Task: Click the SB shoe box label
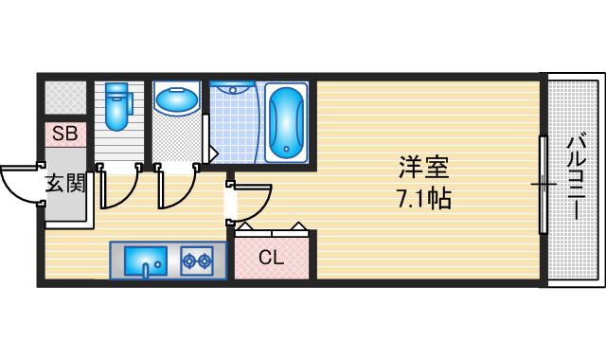point(65,134)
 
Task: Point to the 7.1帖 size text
point(422,199)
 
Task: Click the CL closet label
point(271,256)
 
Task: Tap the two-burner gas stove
point(196,260)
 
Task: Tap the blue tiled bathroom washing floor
point(233,128)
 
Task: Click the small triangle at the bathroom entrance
point(213,152)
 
